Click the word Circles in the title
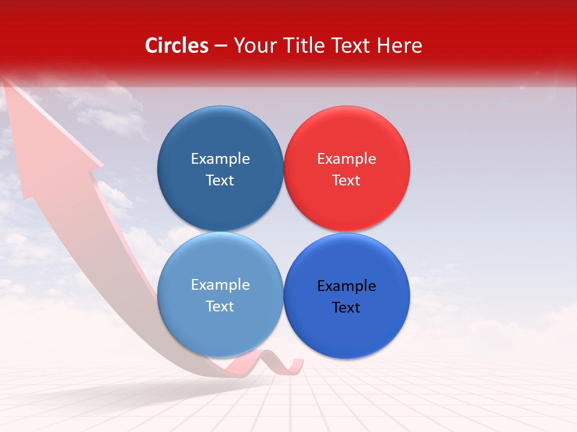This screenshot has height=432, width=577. [x=176, y=46]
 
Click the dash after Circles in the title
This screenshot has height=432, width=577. [x=221, y=46]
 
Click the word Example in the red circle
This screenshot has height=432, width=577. [x=346, y=159]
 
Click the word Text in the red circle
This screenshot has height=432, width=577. [x=346, y=181]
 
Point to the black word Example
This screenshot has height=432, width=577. [x=346, y=286]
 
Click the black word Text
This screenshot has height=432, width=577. [x=346, y=308]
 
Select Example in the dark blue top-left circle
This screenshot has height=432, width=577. [x=220, y=159]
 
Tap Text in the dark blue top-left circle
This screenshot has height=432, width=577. [x=220, y=181]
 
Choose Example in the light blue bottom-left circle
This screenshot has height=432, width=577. [x=220, y=285]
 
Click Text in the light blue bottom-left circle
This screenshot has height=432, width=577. [x=220, y=307]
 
